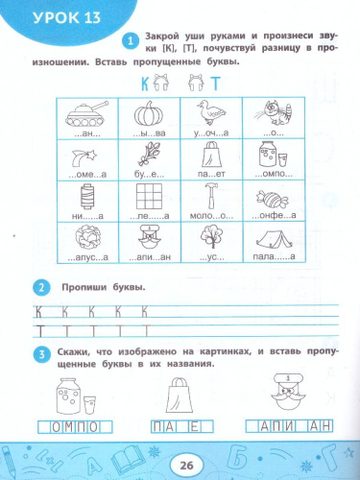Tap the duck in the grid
point(210,113)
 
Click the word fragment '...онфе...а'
point(270,217)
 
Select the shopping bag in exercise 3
point(180,392)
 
